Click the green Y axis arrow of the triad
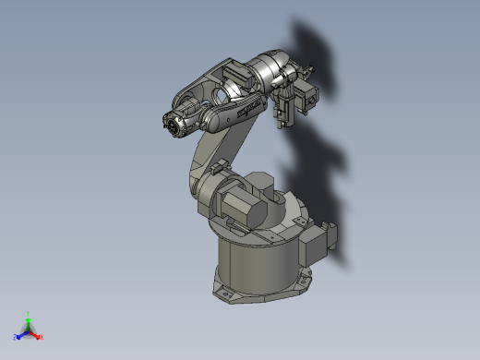point(29,317)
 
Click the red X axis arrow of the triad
point(39,336)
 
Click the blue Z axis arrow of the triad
point(20,334)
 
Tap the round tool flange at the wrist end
point(172,124)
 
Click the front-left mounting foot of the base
point(224,294)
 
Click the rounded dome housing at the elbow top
point(273,66)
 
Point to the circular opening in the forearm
point(222,94)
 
